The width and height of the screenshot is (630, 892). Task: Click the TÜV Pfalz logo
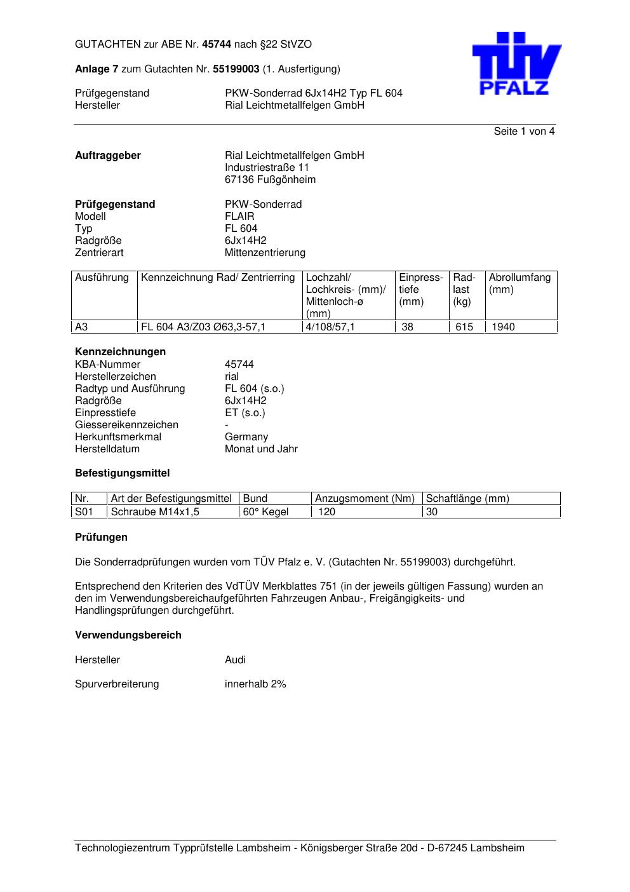click(516, 64)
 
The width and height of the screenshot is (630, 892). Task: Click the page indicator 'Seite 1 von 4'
click(524, 132)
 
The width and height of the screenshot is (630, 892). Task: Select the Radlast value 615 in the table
click(464, 327)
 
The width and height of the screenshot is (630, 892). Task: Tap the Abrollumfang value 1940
click(503, 327)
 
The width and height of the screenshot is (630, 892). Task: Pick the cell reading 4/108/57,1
click(330, 327)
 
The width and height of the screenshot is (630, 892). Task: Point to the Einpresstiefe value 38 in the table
click(407, 327)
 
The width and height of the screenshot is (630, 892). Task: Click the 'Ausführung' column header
click(102, 278)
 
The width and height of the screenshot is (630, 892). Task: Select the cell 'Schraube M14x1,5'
click(155, 512)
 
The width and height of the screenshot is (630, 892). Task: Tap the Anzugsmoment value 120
click(326, 512)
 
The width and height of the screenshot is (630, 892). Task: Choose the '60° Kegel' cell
click(265, 512)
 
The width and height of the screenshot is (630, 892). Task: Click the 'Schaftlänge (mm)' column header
click(467, 499)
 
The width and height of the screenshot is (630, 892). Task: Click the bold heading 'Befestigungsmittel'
click(122, 473)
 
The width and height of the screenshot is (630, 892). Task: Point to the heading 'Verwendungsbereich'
click(128, 635)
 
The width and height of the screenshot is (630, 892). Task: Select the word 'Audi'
click(235, 660)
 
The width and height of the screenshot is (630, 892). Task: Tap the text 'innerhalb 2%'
click(255, 684)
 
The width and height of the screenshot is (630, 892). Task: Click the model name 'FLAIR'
click(239, 217)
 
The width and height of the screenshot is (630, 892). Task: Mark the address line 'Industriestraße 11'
click(267, 168)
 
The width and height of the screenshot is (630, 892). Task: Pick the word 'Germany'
click(246, 437)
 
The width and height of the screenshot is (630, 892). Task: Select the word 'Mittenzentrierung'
click(265, 253)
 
